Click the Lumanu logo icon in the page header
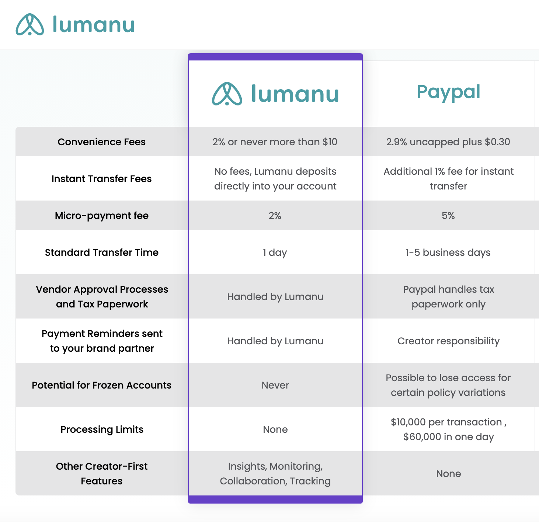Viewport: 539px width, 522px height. (x=29, y=24)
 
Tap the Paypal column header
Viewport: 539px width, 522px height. (x=448, y=92)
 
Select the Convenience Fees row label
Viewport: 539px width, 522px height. (x=102, y=142)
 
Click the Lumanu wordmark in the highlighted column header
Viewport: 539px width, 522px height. (x=295, y=94)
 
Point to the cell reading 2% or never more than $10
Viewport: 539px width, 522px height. (x=275, y=142)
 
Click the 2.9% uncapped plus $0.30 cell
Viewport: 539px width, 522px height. (x=448, y=142)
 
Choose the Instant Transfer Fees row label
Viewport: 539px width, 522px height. (x=102, y=179)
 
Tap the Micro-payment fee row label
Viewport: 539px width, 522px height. (x=102, y=215)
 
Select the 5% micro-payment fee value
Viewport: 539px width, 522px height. (x=448, y=215)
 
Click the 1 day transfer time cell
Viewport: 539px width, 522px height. (x=275, y=253)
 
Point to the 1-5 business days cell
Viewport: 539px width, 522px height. (x=448, y=253)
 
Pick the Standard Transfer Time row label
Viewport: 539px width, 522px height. (x=102, y=253)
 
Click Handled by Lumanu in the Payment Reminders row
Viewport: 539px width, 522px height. (x=275, y=341)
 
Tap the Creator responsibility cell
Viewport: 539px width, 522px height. (x=448, y=341)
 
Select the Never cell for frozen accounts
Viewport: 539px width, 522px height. (x=275, y=385)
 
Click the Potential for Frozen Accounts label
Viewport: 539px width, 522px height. (x=102, y=385)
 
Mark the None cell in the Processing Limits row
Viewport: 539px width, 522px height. (x=275, y=429)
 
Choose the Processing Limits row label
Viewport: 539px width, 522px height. (x=102, y=429)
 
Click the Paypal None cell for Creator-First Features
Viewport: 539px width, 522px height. (x=448, y=474)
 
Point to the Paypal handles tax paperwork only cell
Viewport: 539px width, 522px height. (x=448, y=297)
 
